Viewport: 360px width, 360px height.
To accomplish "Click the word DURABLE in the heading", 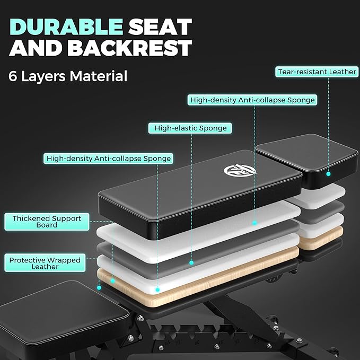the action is (x=66, y=27).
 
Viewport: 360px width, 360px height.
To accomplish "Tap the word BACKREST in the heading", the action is (x=130, y=48).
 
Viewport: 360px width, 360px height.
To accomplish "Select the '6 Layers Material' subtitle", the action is (x=68, y=76).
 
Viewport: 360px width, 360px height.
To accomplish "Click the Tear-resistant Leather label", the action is (x=317, y=72).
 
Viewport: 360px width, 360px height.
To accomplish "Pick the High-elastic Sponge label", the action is (x=190, y=128).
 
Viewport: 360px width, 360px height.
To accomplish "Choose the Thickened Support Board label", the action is (x=47, y=222).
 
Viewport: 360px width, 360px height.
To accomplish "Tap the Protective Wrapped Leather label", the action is (x=45, y=263).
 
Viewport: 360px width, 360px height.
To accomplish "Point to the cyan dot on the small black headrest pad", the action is (x=328, y=174).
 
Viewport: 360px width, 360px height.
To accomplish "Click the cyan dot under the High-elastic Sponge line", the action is (x=191, y=262).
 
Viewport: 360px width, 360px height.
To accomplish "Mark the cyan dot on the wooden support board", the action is (x=113, y=281).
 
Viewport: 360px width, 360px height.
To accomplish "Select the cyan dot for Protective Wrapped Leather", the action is (x=99, y=288).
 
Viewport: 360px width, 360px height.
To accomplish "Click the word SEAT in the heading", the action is (x=160, y=27).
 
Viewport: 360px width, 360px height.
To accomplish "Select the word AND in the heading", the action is (x=36, y=48).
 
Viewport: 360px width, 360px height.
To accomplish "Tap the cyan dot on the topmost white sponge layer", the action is (x=254, y=223).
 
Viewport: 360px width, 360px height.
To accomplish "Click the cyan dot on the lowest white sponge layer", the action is (x=157, y=289).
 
